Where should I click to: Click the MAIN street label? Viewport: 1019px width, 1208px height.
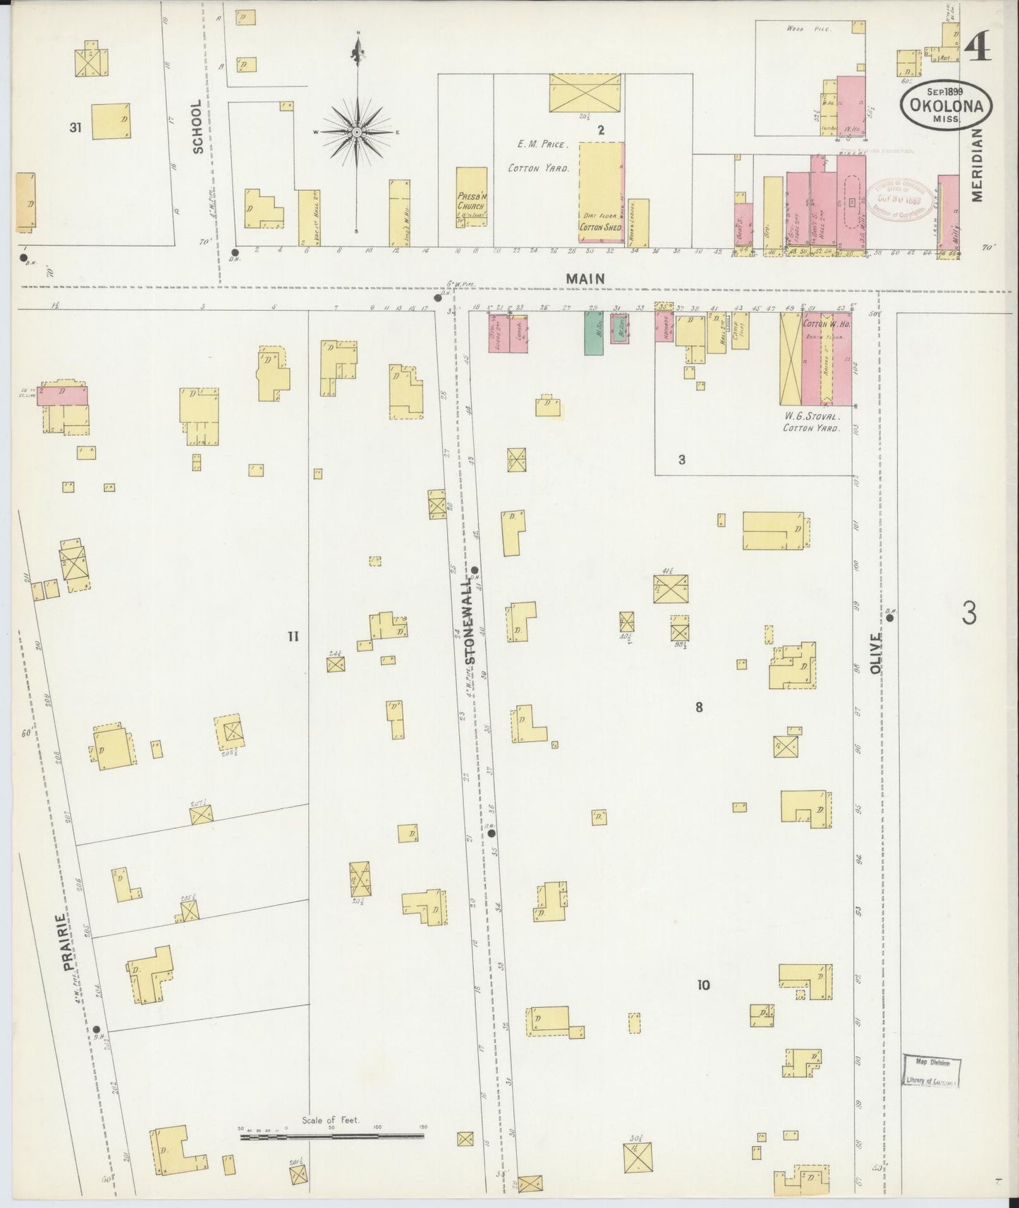pyautogui.click(x=585, y=279)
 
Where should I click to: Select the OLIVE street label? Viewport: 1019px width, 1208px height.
pyautogui.click(x=876, y=653)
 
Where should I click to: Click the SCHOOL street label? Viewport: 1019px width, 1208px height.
pyautogui.click(x=197, y=126)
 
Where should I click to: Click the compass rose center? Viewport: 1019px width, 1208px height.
pyautogui.click(x=358, y=132)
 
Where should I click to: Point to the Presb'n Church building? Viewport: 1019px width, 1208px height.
pyautogui.click(x=471, y=197)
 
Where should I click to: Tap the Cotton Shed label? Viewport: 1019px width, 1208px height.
pyautogui.click(x=600, y=228)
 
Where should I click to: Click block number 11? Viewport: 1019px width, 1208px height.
pyautogui.click(x=293, y=636)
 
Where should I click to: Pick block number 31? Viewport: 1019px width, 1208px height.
pyautogui.click(x=75, y=128)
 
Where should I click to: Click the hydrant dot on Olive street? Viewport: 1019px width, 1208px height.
pyautogui.click(x=890, y=618)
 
